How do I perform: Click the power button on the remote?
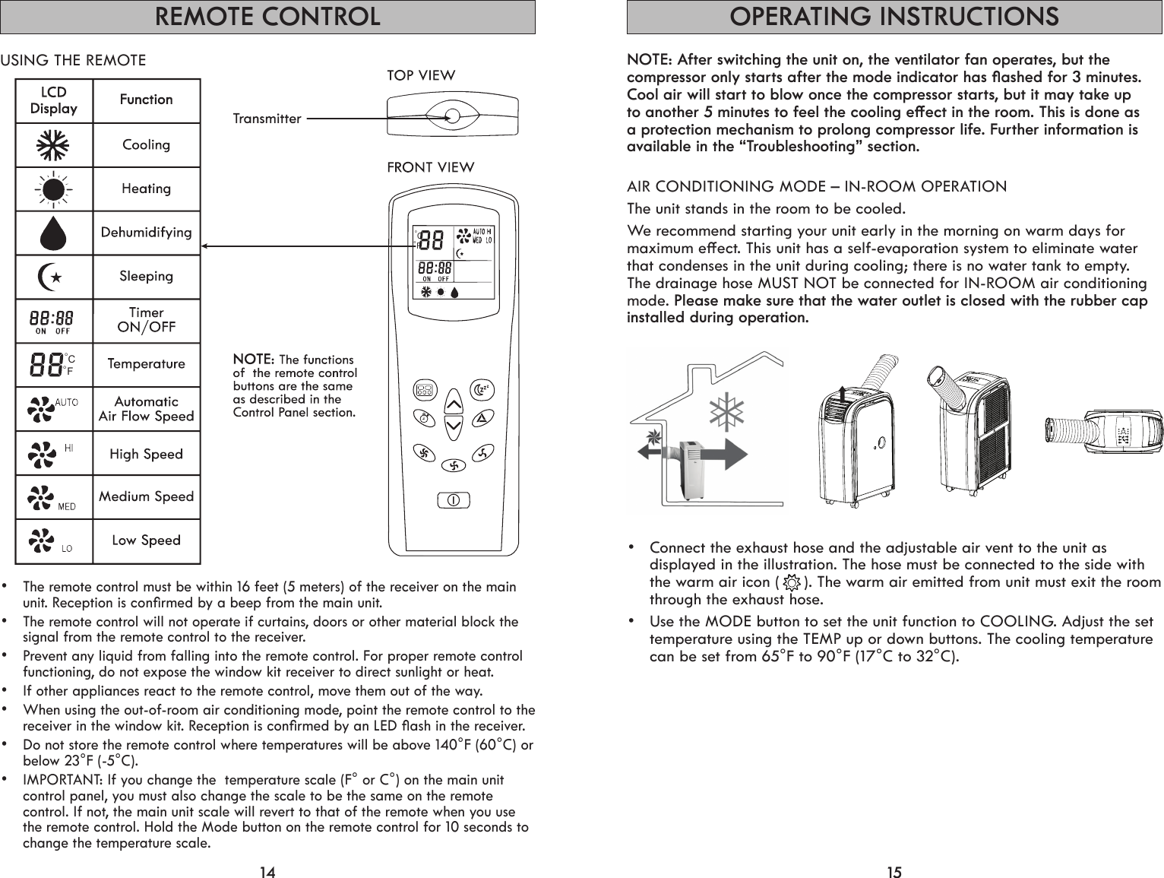454,500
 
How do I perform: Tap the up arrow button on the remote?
454,402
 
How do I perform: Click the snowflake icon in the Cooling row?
54,144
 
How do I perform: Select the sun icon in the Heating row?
54,189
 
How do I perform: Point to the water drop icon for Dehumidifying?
54,233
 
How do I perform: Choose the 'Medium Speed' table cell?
147,497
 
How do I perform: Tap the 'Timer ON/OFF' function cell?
147,320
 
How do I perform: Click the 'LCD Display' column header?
54,100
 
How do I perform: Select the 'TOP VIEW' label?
422,75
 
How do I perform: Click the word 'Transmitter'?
267,119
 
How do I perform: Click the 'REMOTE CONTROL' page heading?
267,17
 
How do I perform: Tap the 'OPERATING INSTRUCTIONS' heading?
894,17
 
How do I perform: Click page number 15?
894,872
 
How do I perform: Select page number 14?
267,872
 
